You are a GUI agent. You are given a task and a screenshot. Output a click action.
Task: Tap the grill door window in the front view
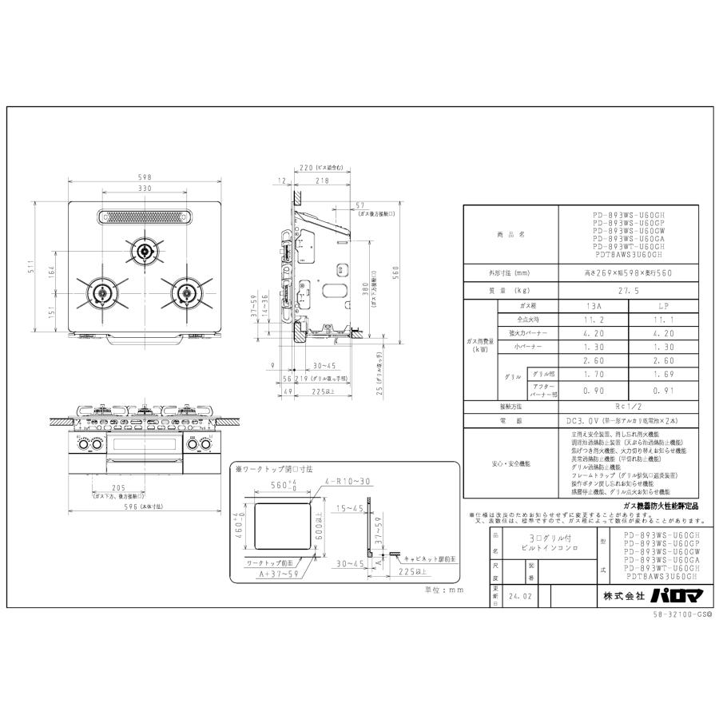click(145, 445)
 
